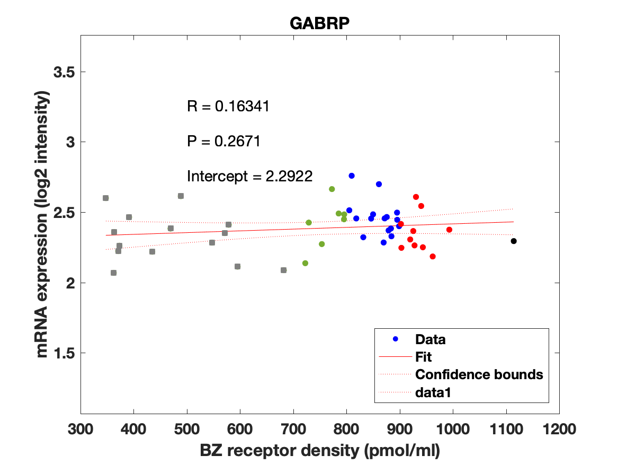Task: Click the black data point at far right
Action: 513,241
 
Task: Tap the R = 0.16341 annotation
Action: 229,106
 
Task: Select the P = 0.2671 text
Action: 223,142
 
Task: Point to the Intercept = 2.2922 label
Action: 250,176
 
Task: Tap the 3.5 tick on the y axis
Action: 65,72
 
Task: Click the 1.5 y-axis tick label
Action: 65,353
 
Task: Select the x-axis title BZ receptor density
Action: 320,451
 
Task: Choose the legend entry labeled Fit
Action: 424,357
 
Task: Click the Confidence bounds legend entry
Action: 479,374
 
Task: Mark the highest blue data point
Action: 351,176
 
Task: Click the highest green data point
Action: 332,189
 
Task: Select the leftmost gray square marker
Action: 105,198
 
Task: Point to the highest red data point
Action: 416,197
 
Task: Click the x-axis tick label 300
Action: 80,428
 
